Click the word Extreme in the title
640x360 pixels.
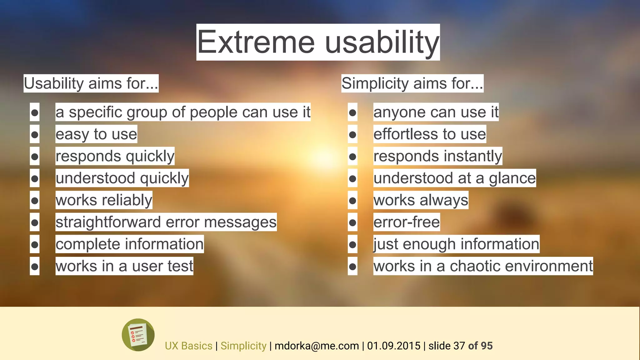pyautogui.click(x=256, y=42)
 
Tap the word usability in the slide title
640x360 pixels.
pyautogui.click(x=382, y=42)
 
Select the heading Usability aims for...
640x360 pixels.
pyautogui.click(x=91, y=83)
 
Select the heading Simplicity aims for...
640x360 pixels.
pyautogui.click(x=412, y=83)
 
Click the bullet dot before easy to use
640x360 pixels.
pyautogui.click(x=35, y=134)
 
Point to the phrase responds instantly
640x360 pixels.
pyautogui.click(x=437, y=156)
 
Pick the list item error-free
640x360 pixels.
pyautogui.click(x=406, y=222)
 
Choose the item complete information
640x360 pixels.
pyautogui.click(x=129, y=244)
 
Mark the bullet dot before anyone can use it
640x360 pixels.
pyautogui.click(x=352, y=112)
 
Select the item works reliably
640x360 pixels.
pyautogui.click(x=104, y=200)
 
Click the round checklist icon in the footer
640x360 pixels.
pyautogui.click(x=138, y=335)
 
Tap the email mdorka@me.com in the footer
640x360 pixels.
pyautogui.click(x=317, y=346)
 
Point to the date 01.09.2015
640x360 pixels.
pyautogui.click(x=393, y=346)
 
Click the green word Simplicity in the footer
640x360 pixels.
pyautogui.click(x=243, y=346)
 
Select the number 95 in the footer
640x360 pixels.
pyautogui.click(x=487, y=346)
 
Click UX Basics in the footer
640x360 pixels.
pyautogui.click(x=188, y=346)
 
